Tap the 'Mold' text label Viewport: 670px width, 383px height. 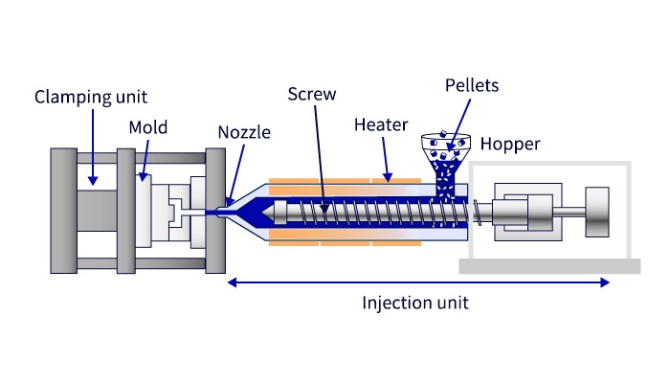pyautogui.click(x=147, y=128)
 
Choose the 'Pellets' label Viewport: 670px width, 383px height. pyautogui.click(x=471, y=85)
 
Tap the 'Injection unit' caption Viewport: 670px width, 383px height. pyautogui.click(x=414, y=303)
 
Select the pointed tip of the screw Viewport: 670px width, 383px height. pyautogui.click(x=268, y=213)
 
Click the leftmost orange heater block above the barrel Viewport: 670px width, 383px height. pyautogui.click(x=293, y=181)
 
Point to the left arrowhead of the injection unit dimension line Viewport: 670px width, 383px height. pyautogui.click(x=232, y=282)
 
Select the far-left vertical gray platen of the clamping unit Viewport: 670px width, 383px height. pyautogui.click(x=63, y=211)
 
